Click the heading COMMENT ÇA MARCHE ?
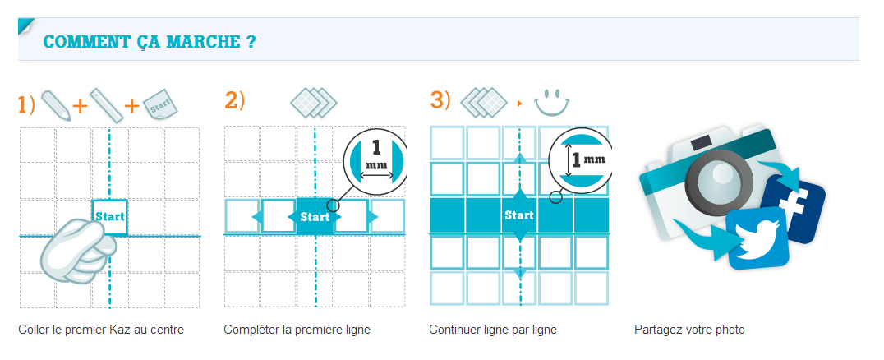point(150,42)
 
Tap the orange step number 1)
point(26,105)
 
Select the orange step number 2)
point(234,100)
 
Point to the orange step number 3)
point(440,100)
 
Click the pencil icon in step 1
point(56,104)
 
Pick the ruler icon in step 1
point(107,104)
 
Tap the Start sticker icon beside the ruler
point(160,104)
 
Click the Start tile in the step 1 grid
point(110,217)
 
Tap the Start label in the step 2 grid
point(315,217)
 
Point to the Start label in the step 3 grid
point(518,215)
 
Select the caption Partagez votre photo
point(689,330)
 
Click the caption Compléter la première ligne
point(297,330)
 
